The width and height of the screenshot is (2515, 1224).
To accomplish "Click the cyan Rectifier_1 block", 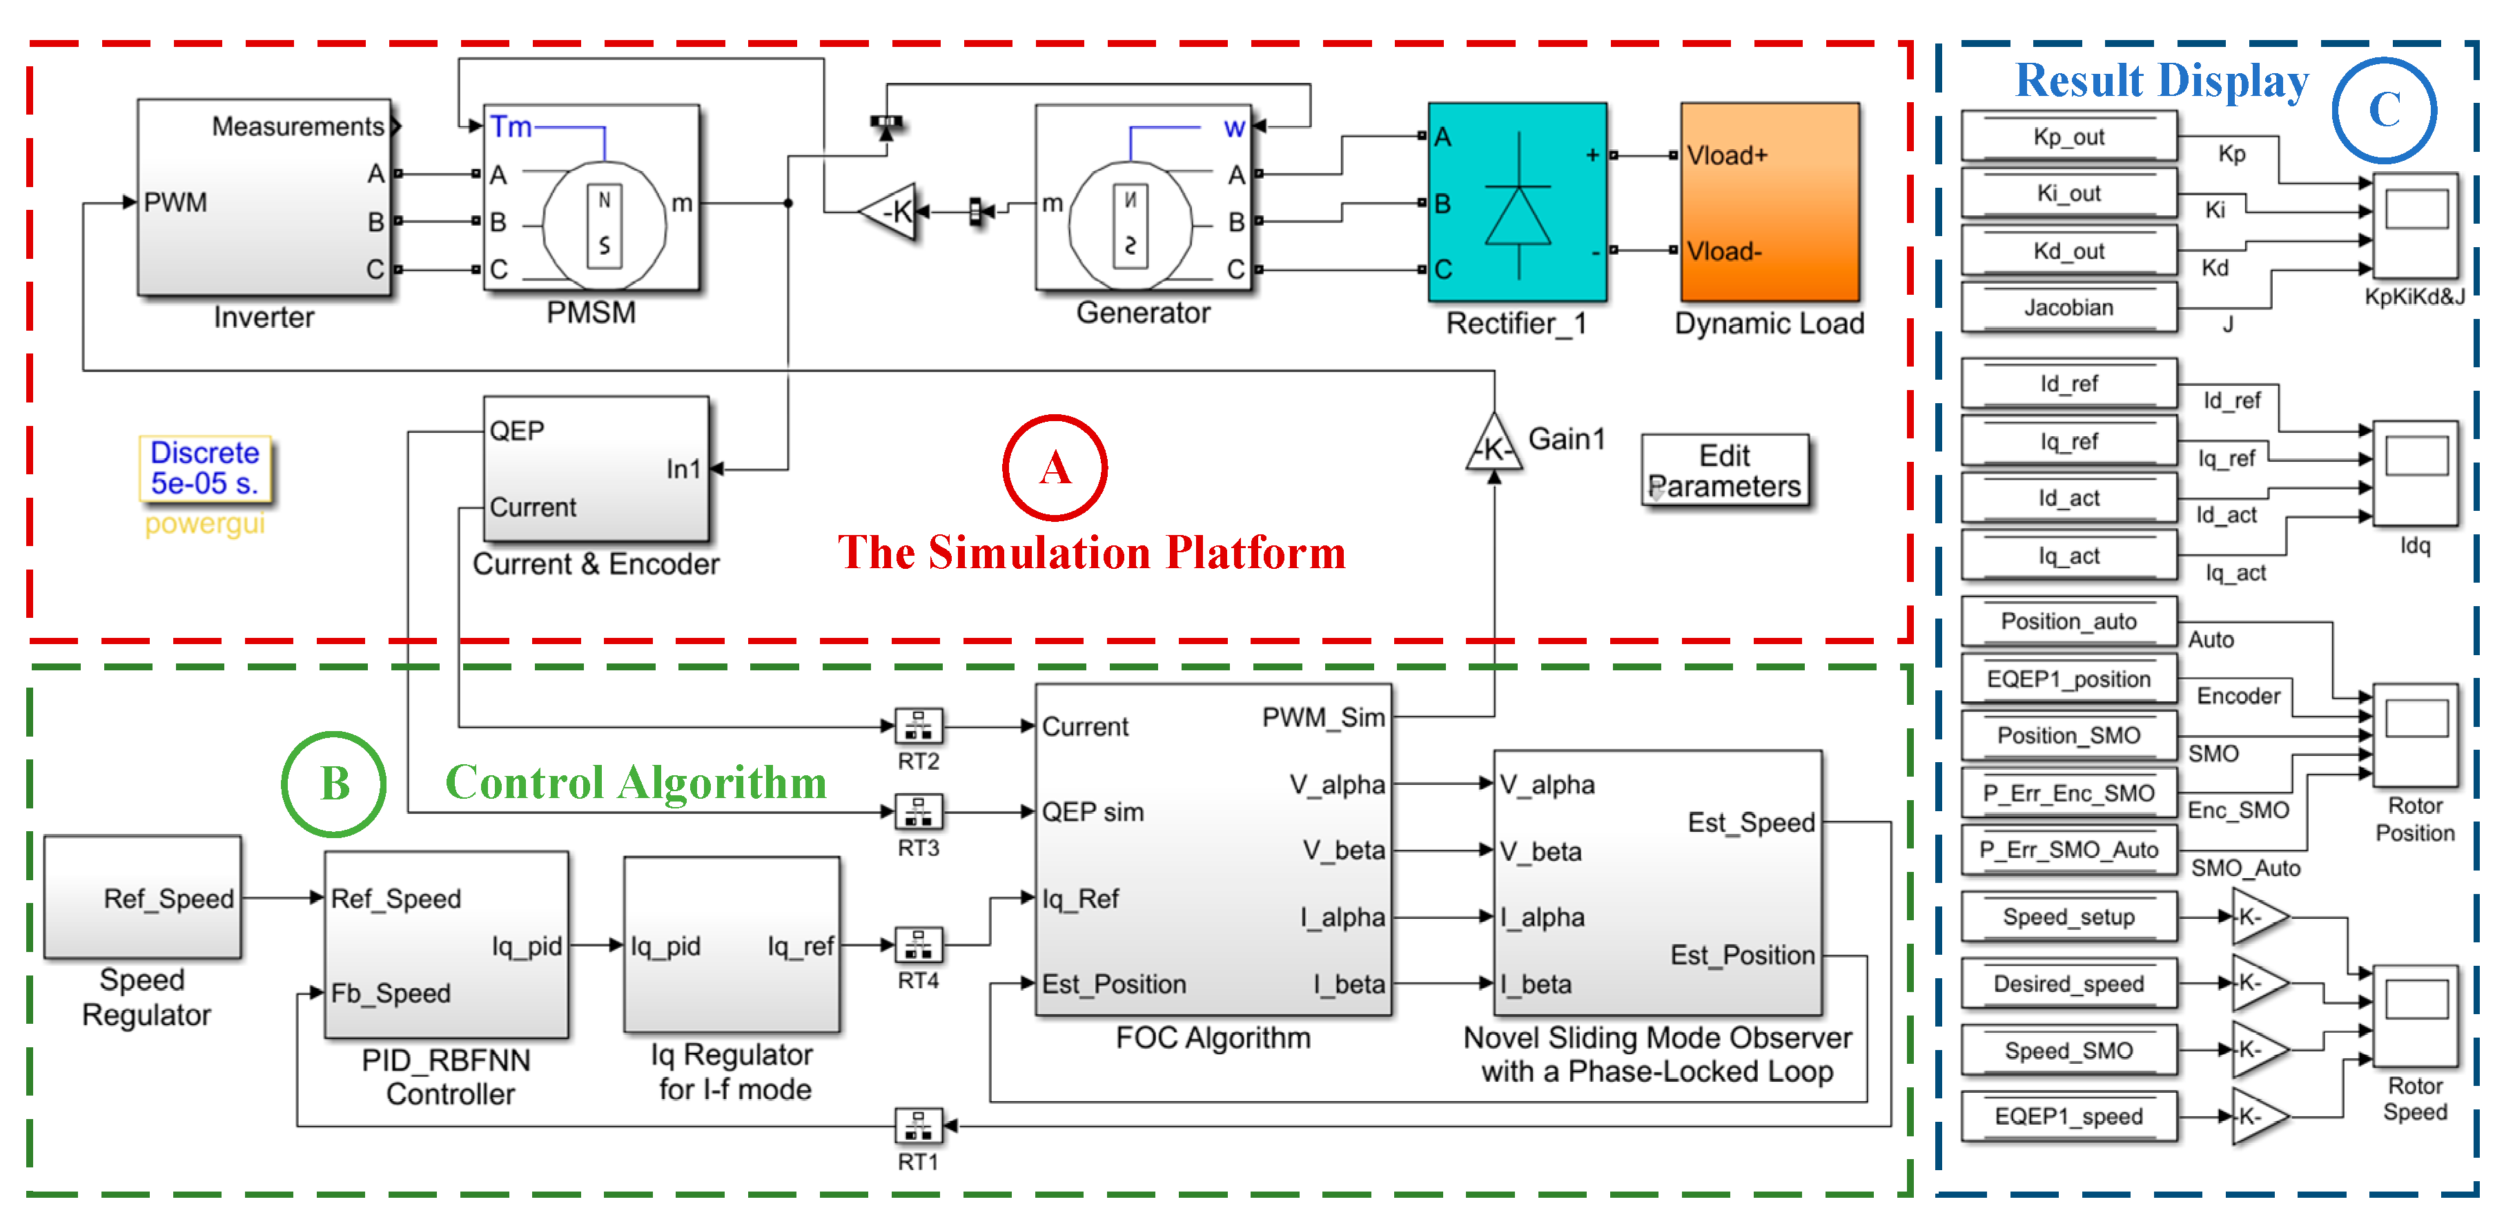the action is coord(1516,202).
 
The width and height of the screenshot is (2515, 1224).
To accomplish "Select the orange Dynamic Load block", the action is coord(1769,202).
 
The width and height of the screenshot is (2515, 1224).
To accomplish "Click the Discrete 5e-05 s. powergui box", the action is coord(205,469).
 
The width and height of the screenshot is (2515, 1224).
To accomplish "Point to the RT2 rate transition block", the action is coord(918,726).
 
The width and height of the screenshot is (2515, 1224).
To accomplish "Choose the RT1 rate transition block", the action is coord(918,1125).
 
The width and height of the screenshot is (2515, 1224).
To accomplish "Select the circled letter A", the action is coord(1055,468).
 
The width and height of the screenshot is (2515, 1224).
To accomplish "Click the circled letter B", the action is coord(334,784).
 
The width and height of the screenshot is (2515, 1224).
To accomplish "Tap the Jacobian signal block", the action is coord(2069,308).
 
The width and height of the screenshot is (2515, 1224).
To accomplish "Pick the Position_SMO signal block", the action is coord(2069,735).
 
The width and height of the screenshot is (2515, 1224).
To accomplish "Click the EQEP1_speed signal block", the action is coord(2069,1116).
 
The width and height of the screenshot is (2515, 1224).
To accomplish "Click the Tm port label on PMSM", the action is coord(511,126).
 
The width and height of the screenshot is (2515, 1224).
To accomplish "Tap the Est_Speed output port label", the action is coord(1750,822).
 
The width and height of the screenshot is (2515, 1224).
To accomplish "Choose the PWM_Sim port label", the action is coord(1323,718).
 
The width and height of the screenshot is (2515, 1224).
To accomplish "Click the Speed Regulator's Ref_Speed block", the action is coord(143,897).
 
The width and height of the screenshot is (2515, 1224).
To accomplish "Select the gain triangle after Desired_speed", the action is coord(2260,982).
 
